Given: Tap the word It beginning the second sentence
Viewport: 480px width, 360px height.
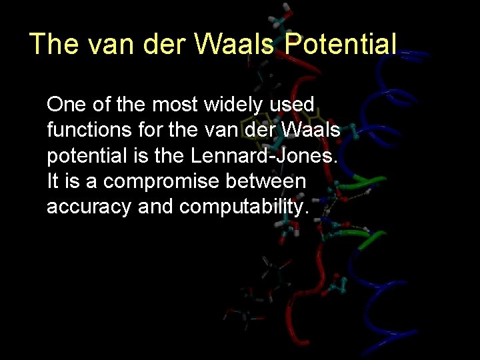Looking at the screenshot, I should point(52,181).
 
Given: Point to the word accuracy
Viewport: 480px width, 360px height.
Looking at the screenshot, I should point(89,207).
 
